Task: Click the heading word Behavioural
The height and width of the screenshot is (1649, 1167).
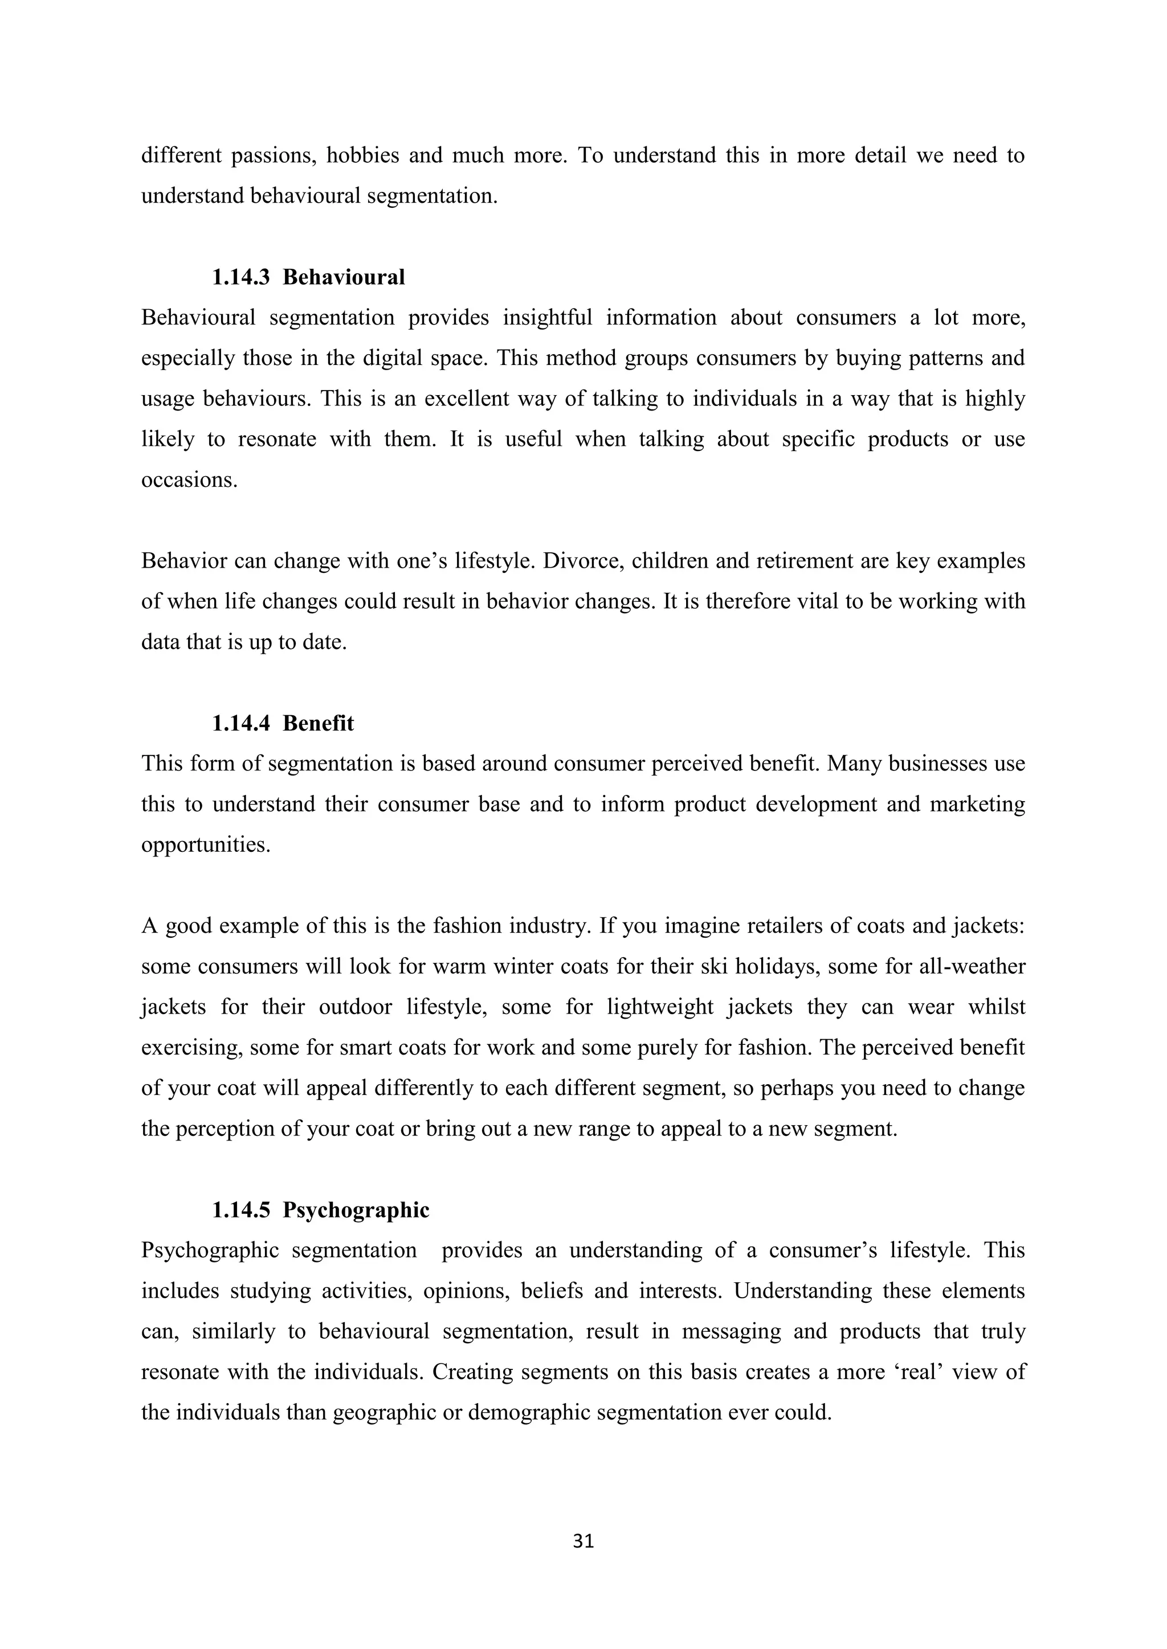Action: click(344, 277)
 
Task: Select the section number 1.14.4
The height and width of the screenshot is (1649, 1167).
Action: click(240, 723)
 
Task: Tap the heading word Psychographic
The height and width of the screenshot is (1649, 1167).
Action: click(356, 1210)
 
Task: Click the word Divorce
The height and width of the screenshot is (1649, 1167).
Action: click(574, 561)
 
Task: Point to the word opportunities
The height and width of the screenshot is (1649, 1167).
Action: click(206, 844)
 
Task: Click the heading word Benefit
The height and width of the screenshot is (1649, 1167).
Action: click(319, 723)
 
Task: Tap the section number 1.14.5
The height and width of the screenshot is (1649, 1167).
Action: click(240, 1210)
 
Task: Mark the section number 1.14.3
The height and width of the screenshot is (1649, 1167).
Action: click(240, 277)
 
